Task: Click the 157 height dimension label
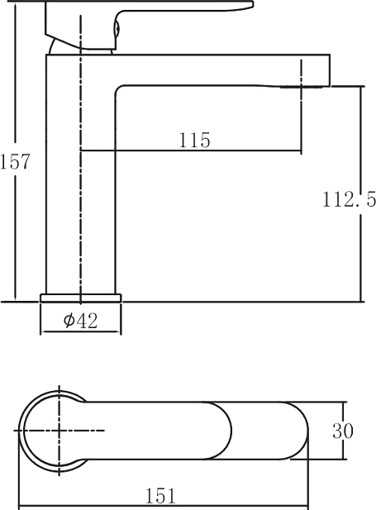(15, 161)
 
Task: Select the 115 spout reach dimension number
(194, 141)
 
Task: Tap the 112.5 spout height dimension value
(349, 199)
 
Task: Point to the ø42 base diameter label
(80, 321)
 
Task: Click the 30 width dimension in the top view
(342, 431)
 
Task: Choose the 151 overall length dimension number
(160, 496)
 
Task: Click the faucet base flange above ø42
(80, 298)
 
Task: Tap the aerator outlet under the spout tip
(302, 87)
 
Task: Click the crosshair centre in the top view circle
(59, 431)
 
